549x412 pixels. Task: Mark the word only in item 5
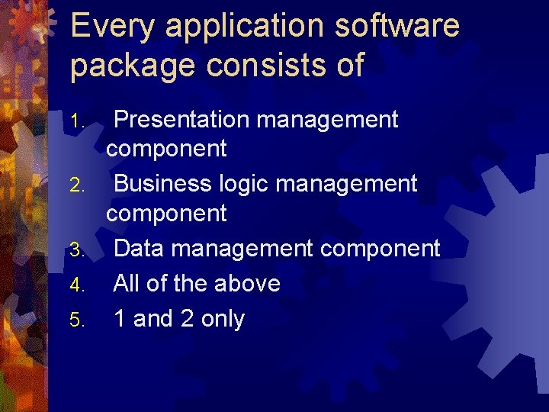[x=223, y=320]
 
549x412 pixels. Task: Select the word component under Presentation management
[x=166, y=149]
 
